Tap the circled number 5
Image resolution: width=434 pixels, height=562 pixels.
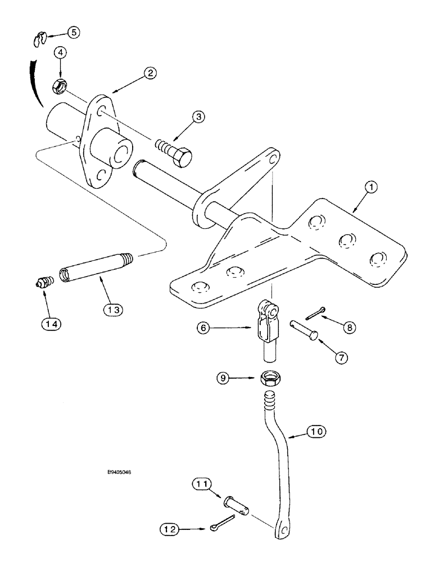pyautogui.click(x=74, y=32)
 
